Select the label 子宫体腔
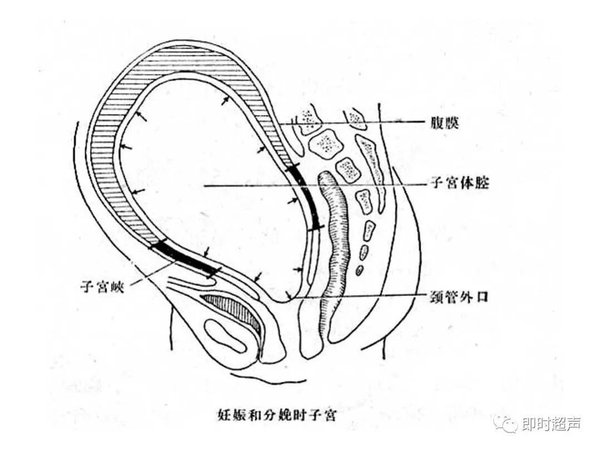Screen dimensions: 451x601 [460, 183]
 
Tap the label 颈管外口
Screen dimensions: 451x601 [460, 296]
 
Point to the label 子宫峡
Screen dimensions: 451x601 [105, 286]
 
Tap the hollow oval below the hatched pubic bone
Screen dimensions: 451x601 [228, 336]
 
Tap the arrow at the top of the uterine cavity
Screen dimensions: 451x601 [225, 101]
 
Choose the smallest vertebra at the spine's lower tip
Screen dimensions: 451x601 [359, 271]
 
